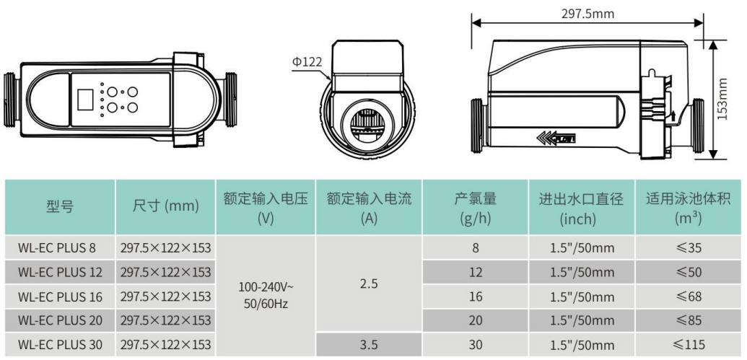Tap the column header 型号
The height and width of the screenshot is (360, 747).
click(x=60, y=207)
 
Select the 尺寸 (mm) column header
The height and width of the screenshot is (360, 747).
click(x=165, y=207)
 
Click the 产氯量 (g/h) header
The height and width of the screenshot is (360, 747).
click(x=476, y=207)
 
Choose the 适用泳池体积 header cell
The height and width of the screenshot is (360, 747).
click(x=689, y=207)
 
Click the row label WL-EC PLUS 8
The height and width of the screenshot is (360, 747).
click(x=57, y=248)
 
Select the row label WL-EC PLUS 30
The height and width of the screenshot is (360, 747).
click(x=60, y=345)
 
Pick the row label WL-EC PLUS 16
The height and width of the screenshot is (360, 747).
click(x=60, y=297)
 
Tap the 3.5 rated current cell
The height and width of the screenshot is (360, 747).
click(x=369, y=345)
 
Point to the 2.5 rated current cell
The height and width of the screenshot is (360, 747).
click(x=369, y=284)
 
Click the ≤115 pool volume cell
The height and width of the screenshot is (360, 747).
click(x=689, y=345)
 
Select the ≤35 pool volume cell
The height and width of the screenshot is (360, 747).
click(x=689, y=248)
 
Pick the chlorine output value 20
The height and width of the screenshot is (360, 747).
click(x=476, y=320)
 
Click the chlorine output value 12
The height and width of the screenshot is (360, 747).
click(x=476, y=272)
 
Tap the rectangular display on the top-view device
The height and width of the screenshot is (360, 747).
click(x=84, y=100)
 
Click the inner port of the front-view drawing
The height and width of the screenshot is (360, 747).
click(x=367, y=124)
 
